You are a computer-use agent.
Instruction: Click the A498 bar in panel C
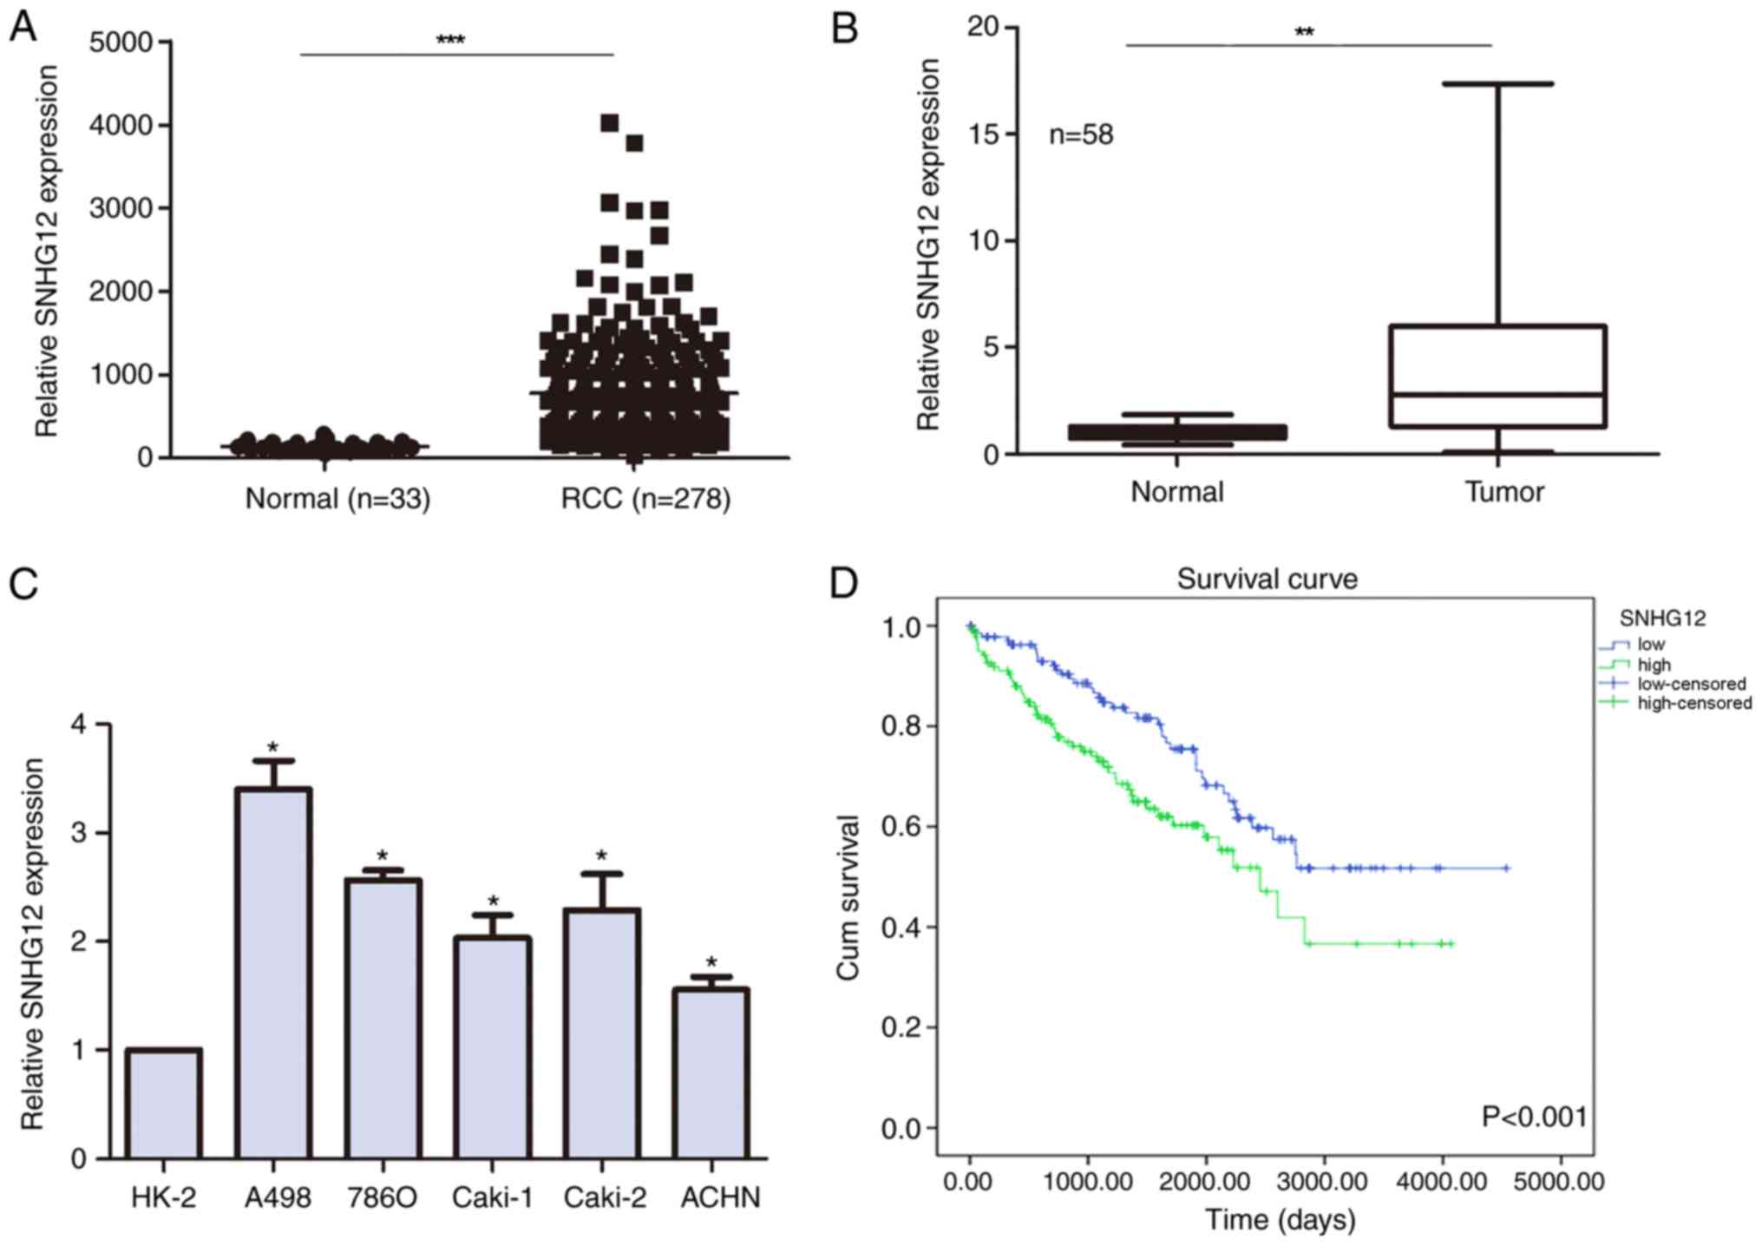click(274, 972)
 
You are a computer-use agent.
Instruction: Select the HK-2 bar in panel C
click(164, 1103)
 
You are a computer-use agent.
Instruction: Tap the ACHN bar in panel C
click(711, 1072)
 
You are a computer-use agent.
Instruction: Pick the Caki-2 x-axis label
click(605, 1197)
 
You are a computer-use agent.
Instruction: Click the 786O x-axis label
click(382, 1197)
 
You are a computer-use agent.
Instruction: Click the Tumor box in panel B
click(1497, 376)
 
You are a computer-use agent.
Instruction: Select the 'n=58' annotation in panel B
click(1080, 134)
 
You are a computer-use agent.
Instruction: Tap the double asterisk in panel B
click(1304, 33)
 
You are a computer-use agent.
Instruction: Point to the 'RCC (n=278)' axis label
click(645, 499)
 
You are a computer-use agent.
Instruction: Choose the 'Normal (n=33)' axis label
click(337, 499)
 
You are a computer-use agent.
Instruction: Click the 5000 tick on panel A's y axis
click(121, 43)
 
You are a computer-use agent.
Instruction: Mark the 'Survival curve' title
click(1267, 579)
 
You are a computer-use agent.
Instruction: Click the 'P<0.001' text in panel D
click(1534, 1117)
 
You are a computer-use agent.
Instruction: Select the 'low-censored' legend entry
click(1690, 684)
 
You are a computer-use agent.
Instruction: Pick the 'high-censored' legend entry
click(1693, 703)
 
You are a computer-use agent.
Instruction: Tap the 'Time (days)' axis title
click(1280, 1219)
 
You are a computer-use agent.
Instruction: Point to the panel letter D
click(843, 584)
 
